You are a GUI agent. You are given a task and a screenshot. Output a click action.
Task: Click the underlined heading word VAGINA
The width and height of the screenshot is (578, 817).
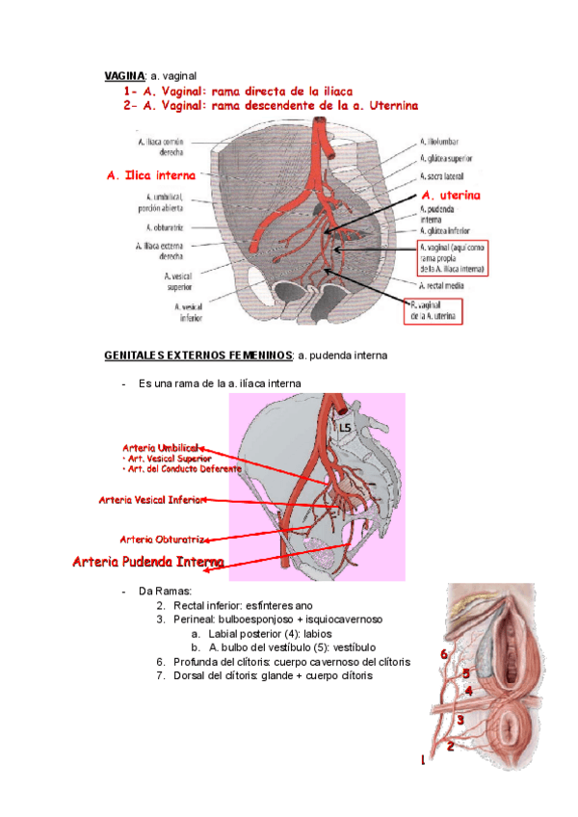pos(124,75)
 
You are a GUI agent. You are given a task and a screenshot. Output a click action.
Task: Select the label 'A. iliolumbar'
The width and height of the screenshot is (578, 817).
pos(443,141)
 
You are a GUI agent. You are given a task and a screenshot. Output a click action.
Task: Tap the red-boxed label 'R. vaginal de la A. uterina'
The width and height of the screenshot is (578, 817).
pos(432,308)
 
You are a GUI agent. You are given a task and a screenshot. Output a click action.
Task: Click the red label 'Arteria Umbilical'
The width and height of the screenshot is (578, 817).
pos(161,448)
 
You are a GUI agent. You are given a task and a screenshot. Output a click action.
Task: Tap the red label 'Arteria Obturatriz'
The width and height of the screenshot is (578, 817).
pos(163,538)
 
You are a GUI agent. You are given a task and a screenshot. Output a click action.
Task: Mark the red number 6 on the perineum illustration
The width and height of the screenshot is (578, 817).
pos(444,655)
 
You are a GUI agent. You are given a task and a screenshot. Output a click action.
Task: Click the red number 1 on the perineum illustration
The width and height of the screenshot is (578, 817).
pos(421,760)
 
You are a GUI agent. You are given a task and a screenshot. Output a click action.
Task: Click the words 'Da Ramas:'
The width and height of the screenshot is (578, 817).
pos(166,590)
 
